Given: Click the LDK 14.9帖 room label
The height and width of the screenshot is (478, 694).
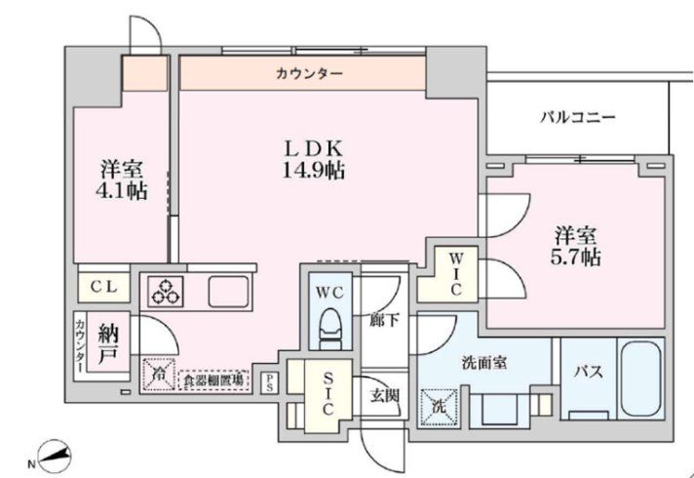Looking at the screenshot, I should (313, 159).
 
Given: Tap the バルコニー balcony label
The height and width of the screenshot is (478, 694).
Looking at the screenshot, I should (578, 118).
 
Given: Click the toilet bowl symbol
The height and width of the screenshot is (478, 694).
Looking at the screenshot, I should (330, 328).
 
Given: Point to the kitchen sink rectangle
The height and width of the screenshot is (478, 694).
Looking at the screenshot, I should (229, 292).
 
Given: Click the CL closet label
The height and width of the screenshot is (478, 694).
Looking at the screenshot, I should (104, 288).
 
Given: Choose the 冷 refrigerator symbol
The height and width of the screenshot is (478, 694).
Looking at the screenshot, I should (156, 374).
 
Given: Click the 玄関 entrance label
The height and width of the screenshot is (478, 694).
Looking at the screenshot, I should (383, 395).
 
